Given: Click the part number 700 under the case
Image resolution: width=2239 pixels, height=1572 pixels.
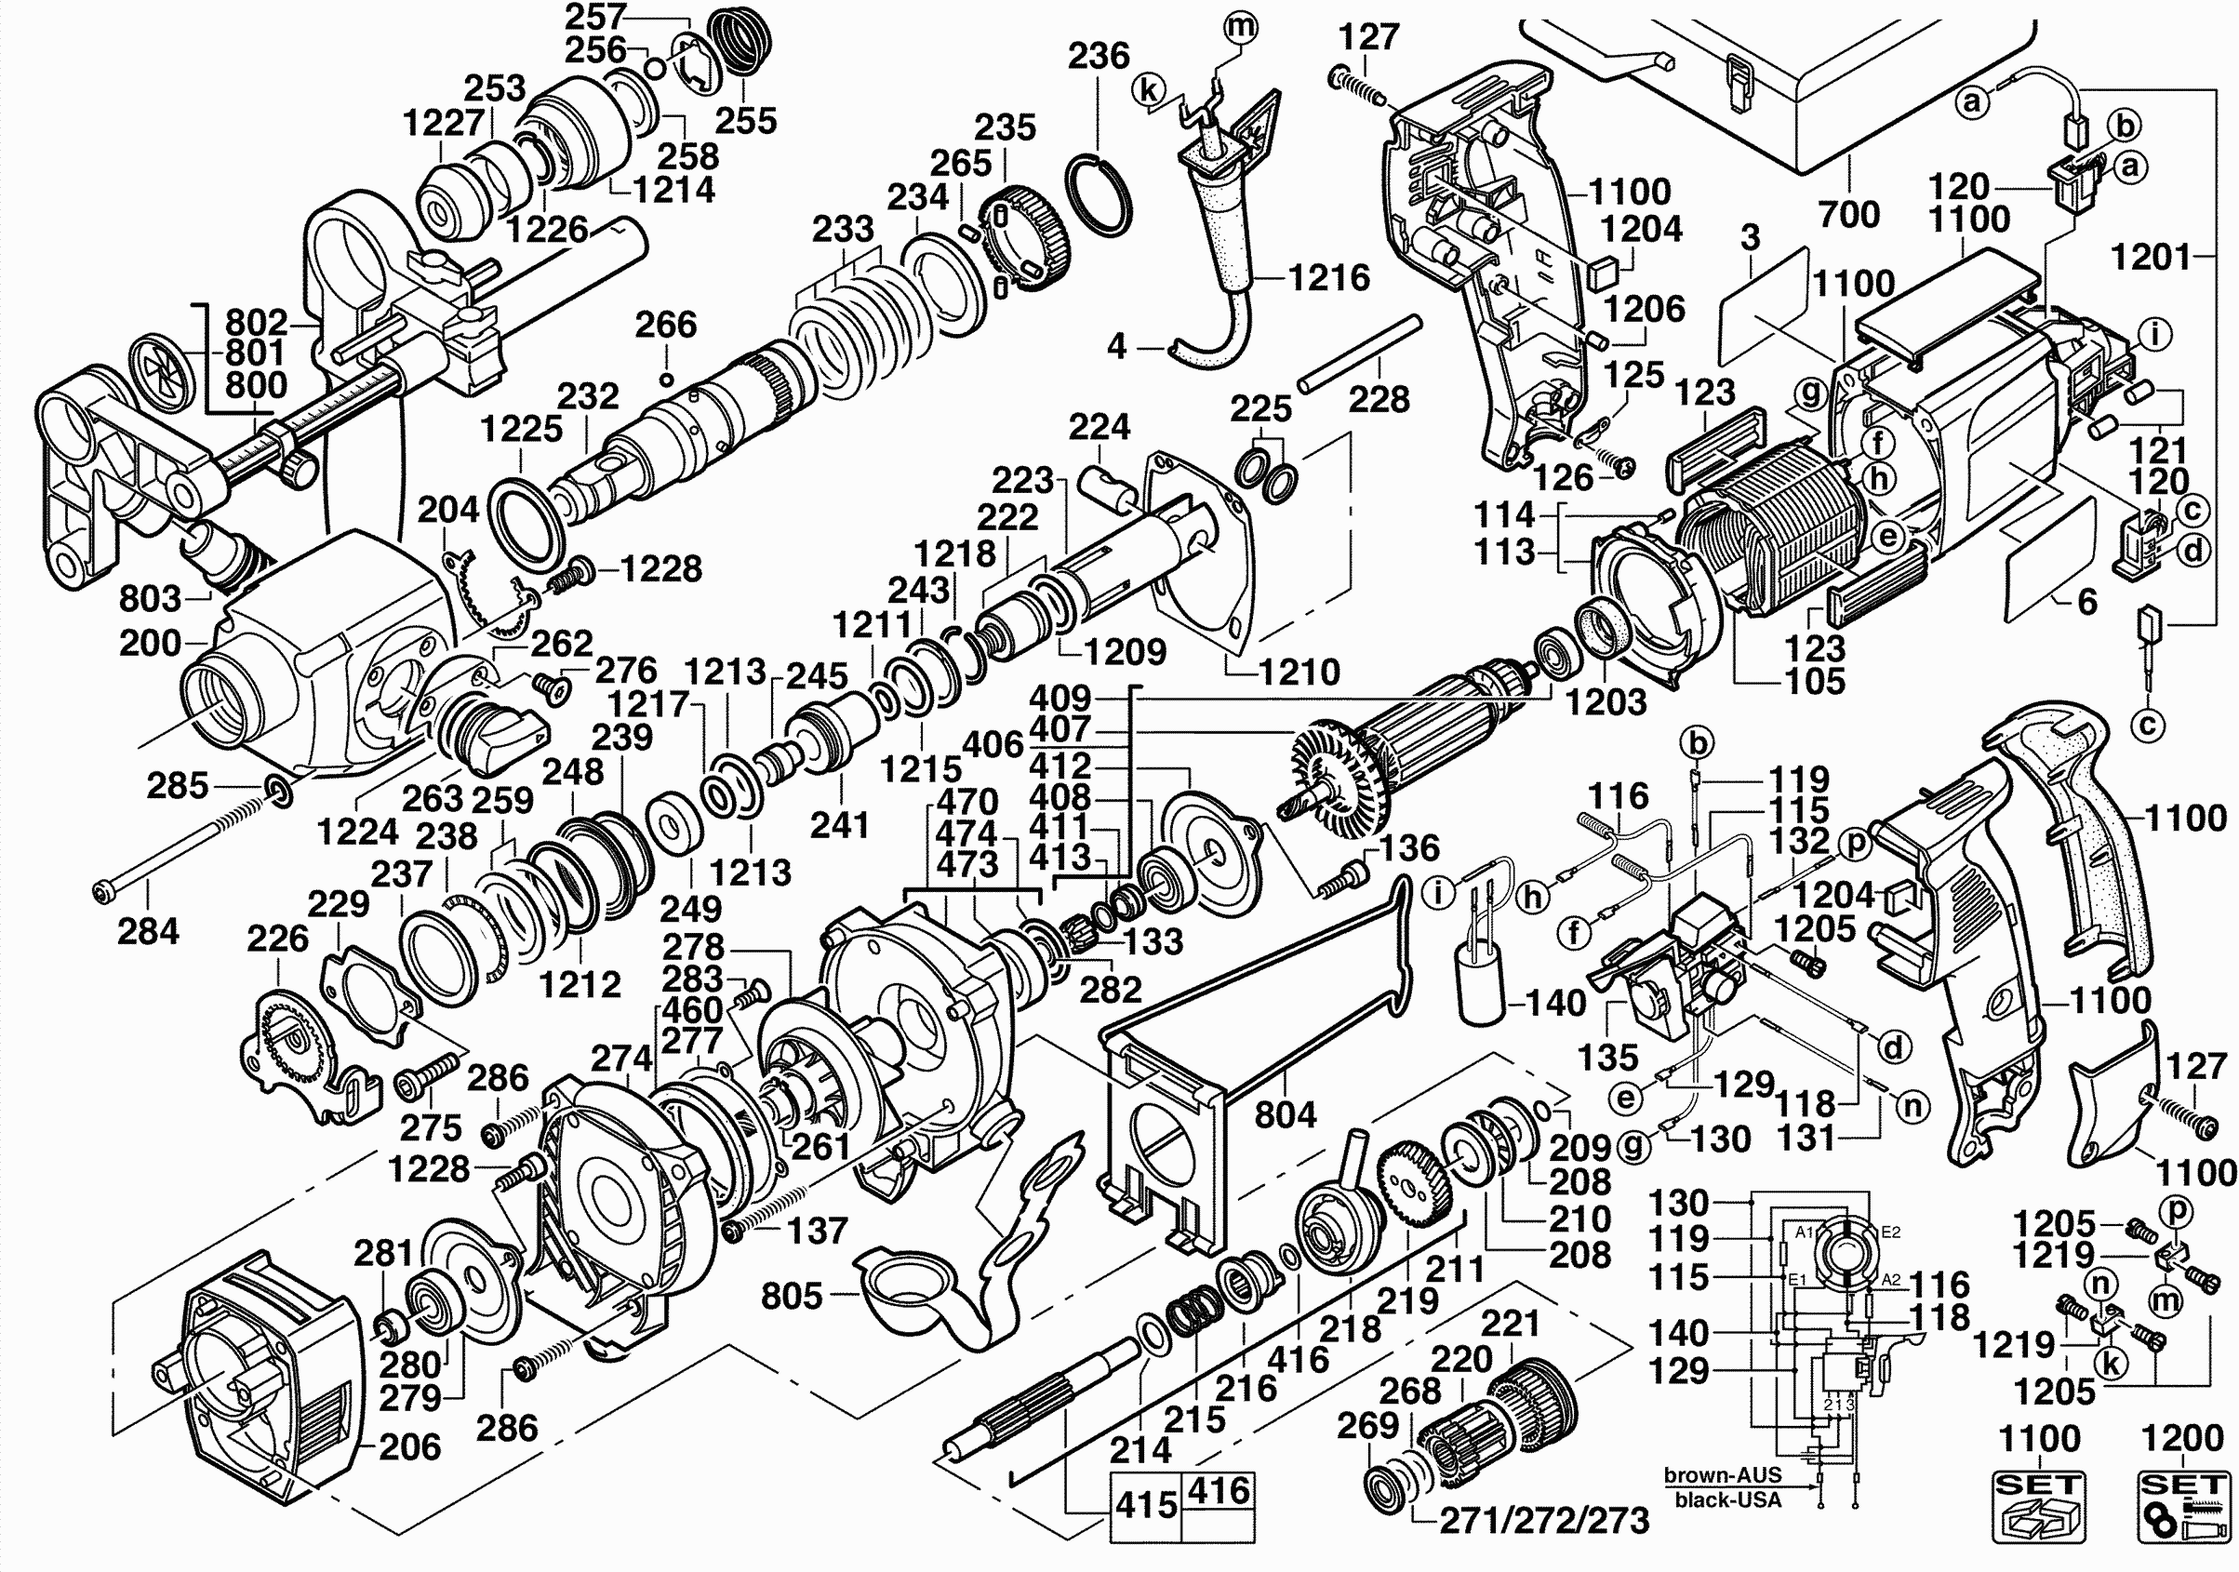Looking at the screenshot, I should tap(1849, 215).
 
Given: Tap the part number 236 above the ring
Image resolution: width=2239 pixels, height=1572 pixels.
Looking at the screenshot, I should tap(1098, 57).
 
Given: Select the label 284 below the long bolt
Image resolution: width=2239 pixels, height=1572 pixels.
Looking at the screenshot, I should tap(148, 931).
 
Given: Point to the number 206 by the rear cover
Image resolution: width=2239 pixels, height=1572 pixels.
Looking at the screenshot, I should tap(409, 1447).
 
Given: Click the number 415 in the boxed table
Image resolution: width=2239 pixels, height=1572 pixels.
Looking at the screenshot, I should tap(1146, 1506).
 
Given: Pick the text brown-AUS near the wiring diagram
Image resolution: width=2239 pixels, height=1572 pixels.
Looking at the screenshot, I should tap(1722, 1475).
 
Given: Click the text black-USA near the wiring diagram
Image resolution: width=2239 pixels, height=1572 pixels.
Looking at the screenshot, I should tap(1727, 1499).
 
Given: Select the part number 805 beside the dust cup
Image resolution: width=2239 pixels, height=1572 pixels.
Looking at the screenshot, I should tap(792, 1296).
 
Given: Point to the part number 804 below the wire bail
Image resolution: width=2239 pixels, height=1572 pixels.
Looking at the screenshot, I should tap(1286, 1113).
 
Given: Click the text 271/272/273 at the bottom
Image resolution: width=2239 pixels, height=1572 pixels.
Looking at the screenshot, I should tap(1545, 1520).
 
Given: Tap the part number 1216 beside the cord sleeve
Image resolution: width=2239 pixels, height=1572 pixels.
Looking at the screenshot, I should tap(1329, 278).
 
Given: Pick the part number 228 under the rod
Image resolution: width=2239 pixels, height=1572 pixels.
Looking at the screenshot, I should tap(1379, 399).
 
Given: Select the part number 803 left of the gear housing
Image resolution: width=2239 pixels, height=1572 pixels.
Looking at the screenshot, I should tap(150, 599).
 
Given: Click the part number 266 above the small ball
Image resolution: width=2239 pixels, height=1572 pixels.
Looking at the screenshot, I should tap(666, 325).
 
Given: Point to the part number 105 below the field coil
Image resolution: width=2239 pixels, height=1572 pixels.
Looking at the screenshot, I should tap(1816, 682).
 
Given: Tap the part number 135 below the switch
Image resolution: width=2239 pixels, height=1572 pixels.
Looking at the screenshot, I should tap(1608, 1057).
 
